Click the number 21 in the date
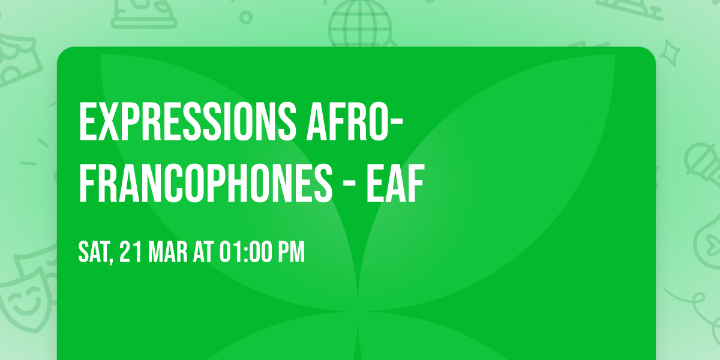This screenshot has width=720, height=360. point(131,253)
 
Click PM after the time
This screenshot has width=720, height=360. point(290,253)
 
